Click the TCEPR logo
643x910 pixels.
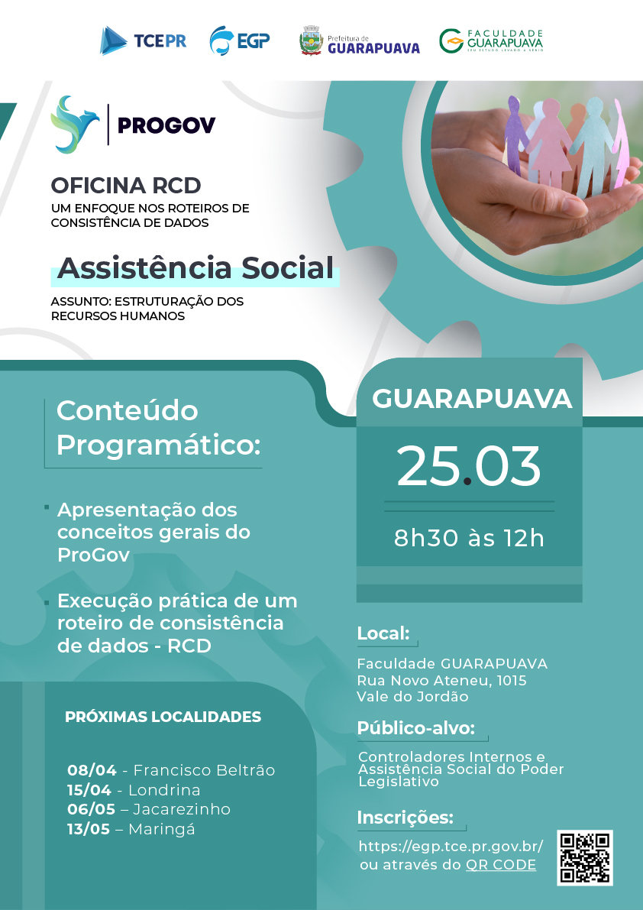(144, 40)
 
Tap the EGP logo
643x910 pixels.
(240, 40)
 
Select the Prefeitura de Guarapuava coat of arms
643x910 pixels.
(312, 40)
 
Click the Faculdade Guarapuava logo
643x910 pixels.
(491, 40)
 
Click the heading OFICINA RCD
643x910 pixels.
(126, 186)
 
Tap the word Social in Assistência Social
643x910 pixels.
(288, 267)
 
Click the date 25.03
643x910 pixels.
(468, 466)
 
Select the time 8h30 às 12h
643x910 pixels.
(469, 538)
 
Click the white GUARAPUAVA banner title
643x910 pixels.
(472, 399)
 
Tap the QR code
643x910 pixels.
(585, 858)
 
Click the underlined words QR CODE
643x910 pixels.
(501, 865)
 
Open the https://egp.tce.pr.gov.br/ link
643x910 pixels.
(451, 846)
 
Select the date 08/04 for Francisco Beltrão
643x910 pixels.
(92, 770)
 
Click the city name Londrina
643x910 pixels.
(164, 790)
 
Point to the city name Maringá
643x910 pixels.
(162, 829)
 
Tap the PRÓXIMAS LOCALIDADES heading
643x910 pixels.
(163, 717)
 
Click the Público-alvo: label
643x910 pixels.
(415, 728)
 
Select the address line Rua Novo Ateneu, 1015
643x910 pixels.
(442, 680)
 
